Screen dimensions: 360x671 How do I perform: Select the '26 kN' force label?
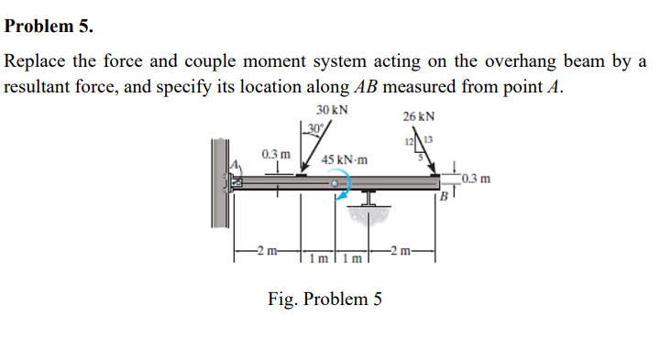click(419, 117)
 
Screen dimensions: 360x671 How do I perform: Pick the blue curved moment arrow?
click(342, 191)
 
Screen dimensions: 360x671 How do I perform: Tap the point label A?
click(234, 164)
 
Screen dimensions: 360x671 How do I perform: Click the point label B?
click(442, 195)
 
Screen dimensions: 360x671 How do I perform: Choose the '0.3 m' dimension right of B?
click(478, 178)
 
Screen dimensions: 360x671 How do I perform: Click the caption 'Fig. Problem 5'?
click(324, 299)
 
